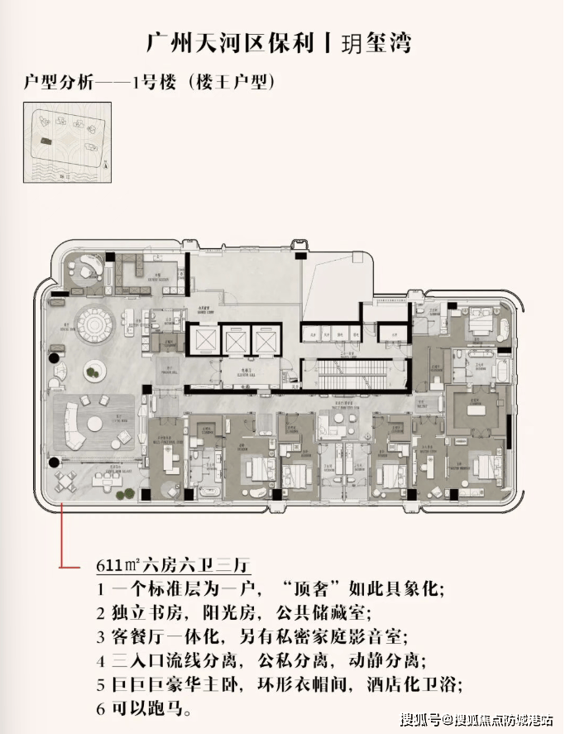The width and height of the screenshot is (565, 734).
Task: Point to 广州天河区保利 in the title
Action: click(232, 41)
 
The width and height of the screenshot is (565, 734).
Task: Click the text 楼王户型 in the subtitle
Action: click(231, 84)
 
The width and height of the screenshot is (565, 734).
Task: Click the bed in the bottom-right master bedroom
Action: click(489, 468)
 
